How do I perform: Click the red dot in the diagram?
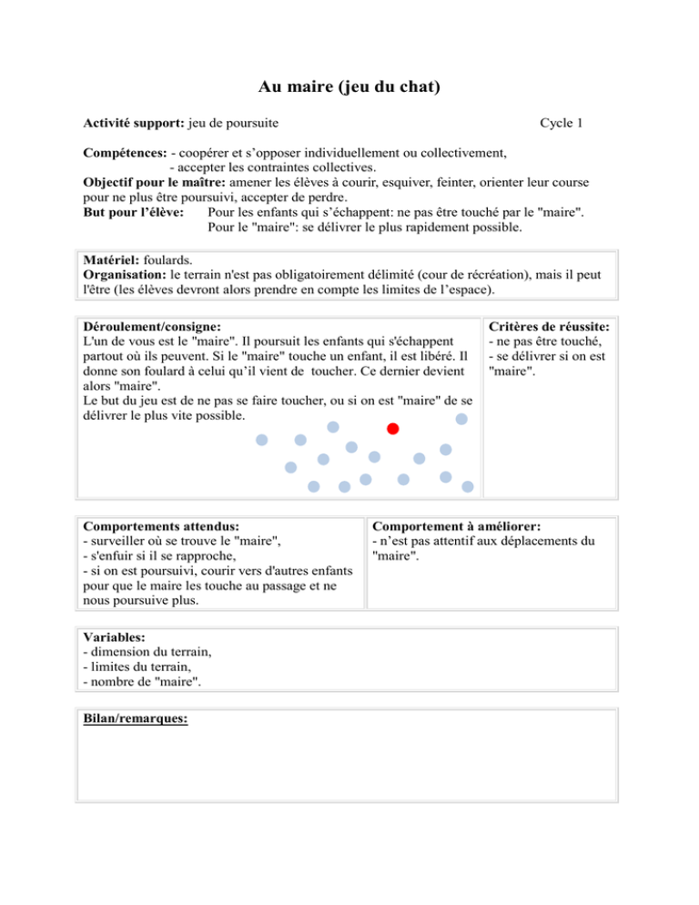pyautogui.click(x=392, y=429)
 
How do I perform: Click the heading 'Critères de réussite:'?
pyautogui.click(x=549, y=325)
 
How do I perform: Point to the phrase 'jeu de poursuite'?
pyautogui.click(x=239, y=122)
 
